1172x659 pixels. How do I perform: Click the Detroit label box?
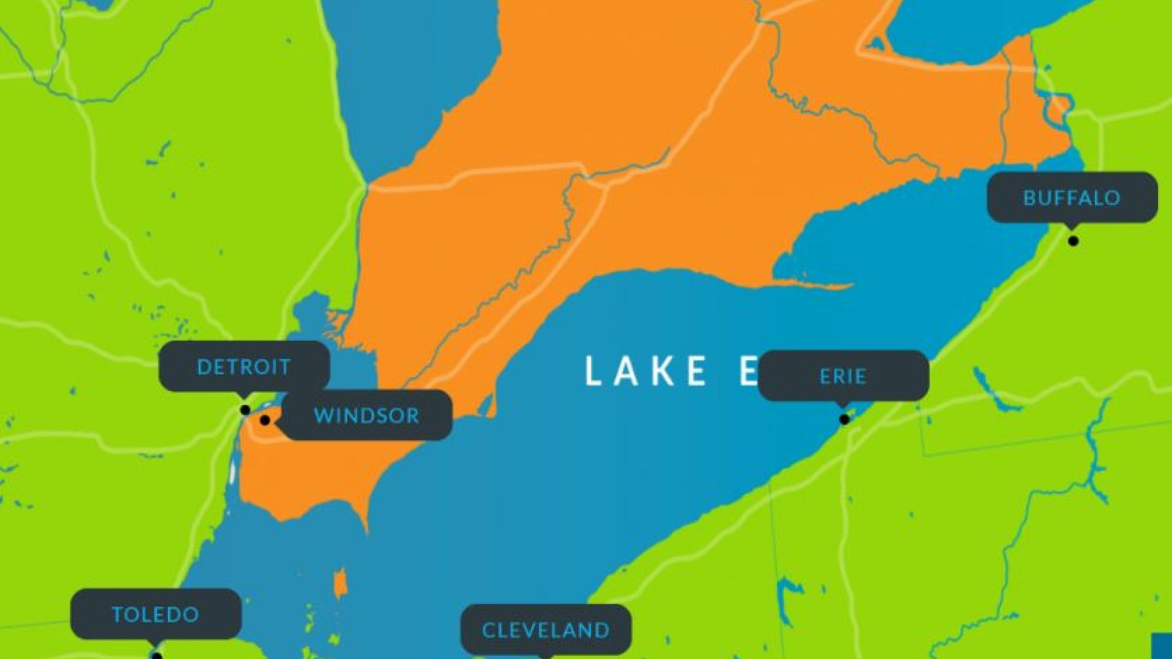(x=244, y=366)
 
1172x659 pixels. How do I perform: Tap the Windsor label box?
(x=366, y=416)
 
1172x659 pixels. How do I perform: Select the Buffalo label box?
(x=1072, y=197)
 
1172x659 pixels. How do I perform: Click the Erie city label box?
(x=843, y=376)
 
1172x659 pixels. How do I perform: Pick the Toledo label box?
(x=156, y=614)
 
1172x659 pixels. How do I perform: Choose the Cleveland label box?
(x=546, y=630)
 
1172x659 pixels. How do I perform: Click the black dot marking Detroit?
(x=245, y=410)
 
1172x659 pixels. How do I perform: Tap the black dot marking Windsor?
(x=265, y=420)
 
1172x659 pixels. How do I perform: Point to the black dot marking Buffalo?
(x=1073, y=241)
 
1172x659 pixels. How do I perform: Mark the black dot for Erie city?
(x=844, y=419)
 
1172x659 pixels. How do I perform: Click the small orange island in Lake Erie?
(x=340, y=584)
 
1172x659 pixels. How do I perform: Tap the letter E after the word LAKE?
(x=748, y=371)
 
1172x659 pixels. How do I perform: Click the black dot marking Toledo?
(x=157, y=656)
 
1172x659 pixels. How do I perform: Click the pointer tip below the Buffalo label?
(x=1072, y=227)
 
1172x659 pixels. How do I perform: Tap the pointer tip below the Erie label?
(x=843, y=406)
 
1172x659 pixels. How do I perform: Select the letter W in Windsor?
(x=323, y=416)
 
